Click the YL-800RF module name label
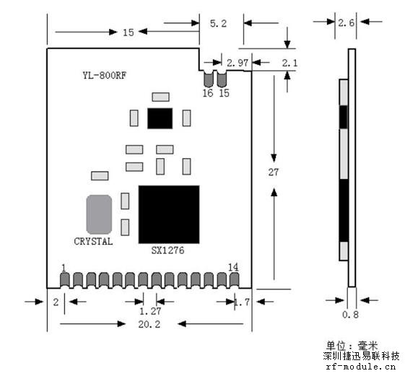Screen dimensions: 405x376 pyautogui.click(x=105, y=75)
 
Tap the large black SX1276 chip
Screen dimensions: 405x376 pyautogui.click(x=169, y=214)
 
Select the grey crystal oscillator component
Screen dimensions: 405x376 pyautogui.click(x=99, y=214)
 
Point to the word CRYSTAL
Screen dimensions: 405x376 pyautogui.click(x=93, y=242)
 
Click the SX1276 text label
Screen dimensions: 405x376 pyautogui.click(x=167, y=250)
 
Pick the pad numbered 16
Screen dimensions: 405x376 pyautogui.click(x=209, y=79)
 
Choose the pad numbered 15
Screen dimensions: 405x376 pyautogui.click(x=222, y=79)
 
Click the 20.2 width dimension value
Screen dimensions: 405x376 pyautogui.click(x=149, y=324)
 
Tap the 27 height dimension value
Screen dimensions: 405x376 pyautogui.click(x=274, y=172)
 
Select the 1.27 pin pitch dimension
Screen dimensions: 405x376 pyautogui.click(x=150, y=311)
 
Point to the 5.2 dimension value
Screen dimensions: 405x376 pyautogui.click(x=218, y=24)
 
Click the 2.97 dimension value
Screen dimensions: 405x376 pyautogui.click(x=238, y=63)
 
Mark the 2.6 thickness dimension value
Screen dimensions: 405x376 pyautogui.click(x=346, y=23)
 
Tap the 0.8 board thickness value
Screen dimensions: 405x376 pyautogui.click(x=350, y=314)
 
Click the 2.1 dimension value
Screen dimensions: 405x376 pyautogui.click(x=289, y=63)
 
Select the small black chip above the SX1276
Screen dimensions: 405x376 pyautogui.click(x=160, y=118)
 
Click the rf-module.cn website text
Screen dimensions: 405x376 pyautogui.click(x=360, y=367)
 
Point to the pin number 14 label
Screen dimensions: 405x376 pyautogui.click(x=233, y=267)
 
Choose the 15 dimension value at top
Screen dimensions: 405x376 pyautogui.click(x=128, y=32)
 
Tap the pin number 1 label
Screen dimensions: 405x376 pyautogui.click(x=64, y=268)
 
